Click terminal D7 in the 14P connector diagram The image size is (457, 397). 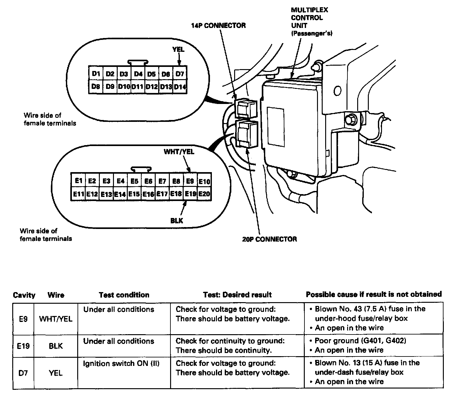180,74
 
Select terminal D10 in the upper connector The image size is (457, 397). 124,86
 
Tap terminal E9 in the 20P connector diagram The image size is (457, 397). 190,181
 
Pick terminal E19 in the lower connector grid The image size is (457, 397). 190,194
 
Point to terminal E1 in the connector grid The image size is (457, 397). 78,181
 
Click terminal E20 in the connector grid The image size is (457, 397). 204,194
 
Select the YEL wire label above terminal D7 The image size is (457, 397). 178,50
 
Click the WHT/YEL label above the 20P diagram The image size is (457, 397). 179,152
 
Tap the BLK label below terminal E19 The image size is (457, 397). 177,221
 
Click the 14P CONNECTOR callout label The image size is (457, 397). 218,26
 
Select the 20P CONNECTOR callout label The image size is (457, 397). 269,239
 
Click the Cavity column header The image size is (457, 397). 24,295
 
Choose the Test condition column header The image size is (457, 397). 124,295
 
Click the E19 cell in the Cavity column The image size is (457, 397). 24,346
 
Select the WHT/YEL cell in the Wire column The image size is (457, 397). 56,319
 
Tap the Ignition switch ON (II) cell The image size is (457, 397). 121,364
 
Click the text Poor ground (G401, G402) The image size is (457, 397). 360,341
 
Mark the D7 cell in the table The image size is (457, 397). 24,373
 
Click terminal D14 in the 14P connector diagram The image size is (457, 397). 180,87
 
